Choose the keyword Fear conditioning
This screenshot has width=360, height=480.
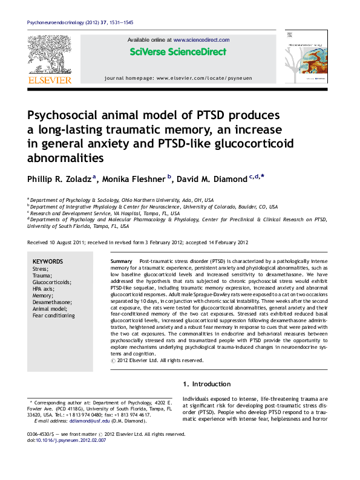pos(53,316)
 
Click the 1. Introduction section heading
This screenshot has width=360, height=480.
pos(206,384)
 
